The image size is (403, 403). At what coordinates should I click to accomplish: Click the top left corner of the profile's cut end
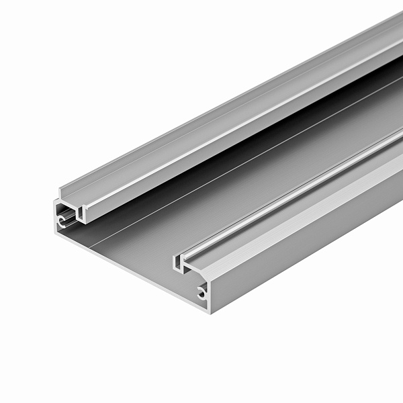pyautogui.click(x=55, y=201)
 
